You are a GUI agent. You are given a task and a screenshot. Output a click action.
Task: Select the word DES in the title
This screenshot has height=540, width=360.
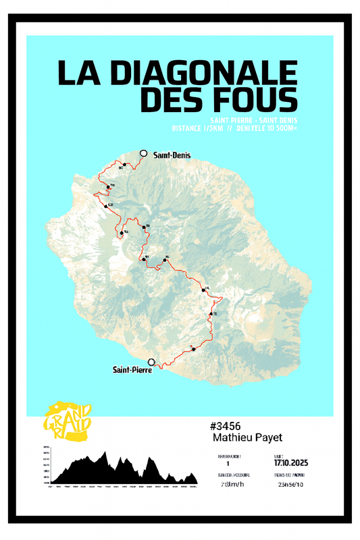169,101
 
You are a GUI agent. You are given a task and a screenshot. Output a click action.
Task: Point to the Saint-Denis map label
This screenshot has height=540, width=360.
172,155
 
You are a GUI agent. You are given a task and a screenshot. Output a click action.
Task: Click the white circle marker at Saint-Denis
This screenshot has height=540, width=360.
143,154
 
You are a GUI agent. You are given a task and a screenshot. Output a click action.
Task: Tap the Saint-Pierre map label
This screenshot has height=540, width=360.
132,369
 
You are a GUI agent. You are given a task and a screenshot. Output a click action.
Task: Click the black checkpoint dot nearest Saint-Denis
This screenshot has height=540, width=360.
125,165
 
